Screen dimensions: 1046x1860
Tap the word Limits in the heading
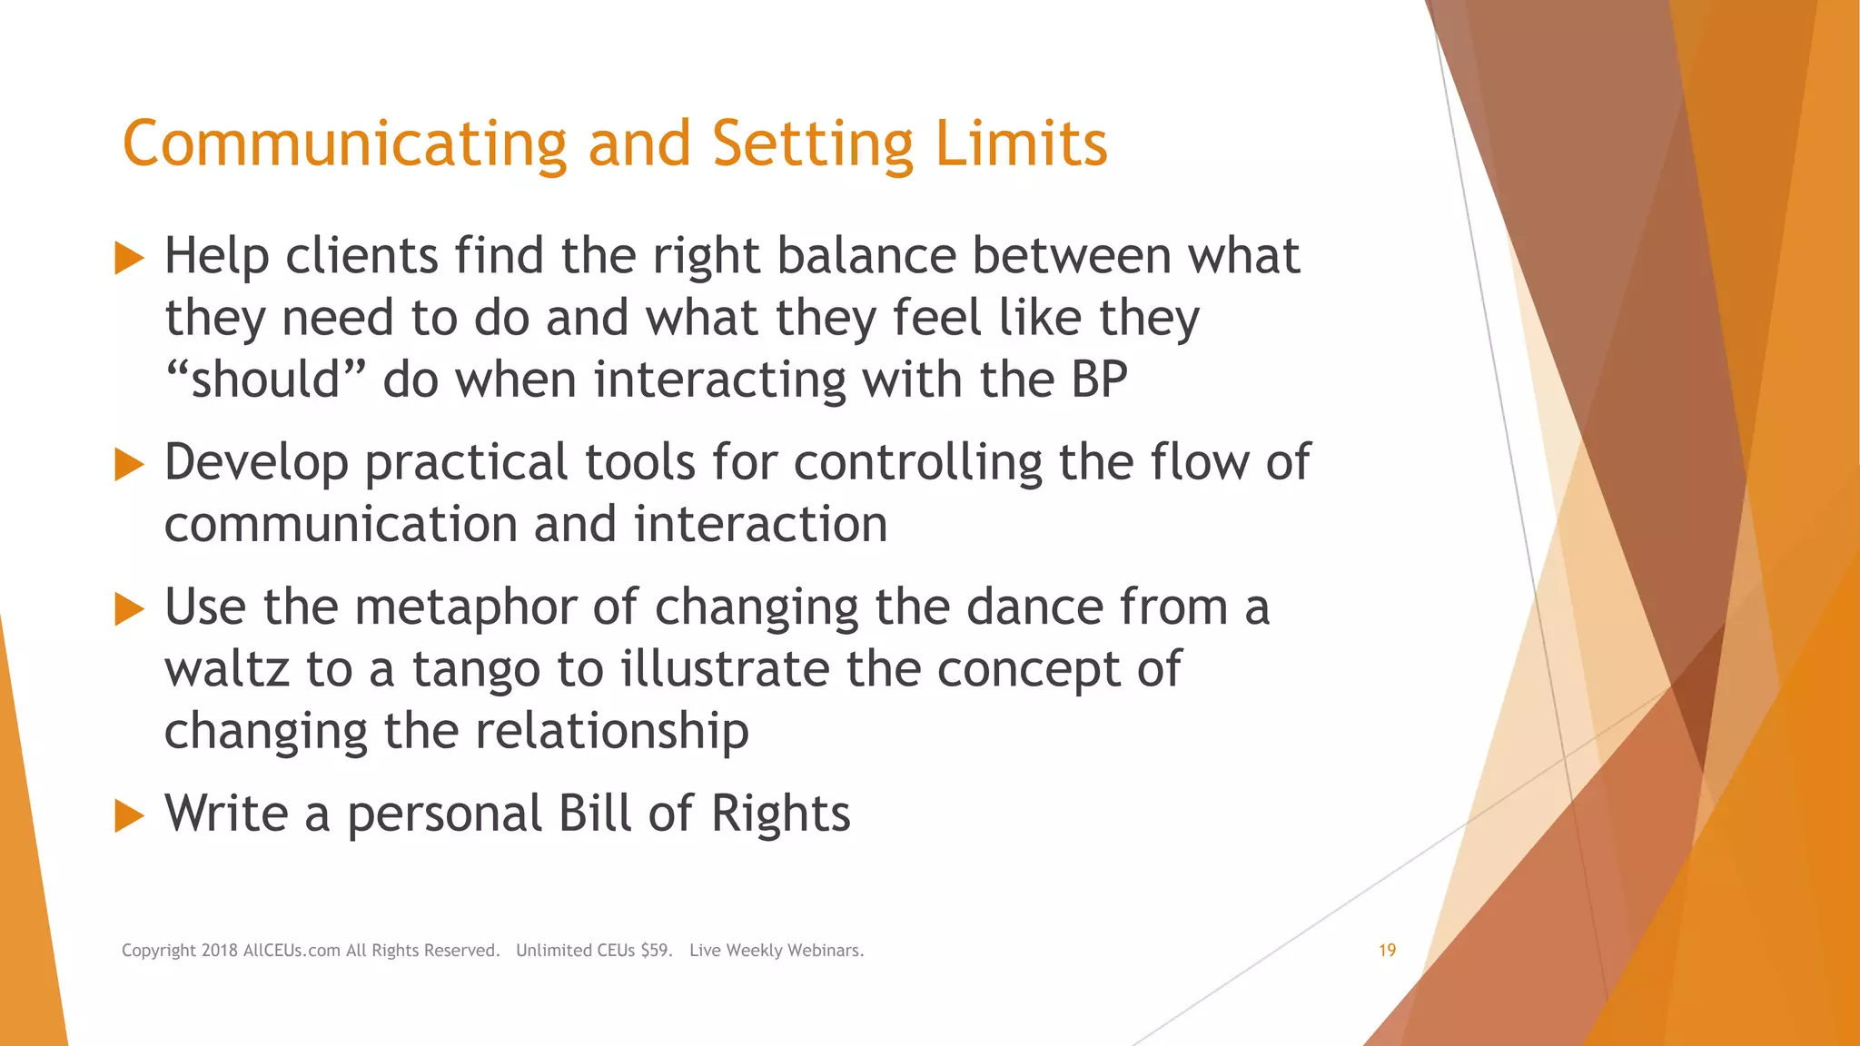1021,145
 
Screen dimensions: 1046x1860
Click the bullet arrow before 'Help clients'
129,259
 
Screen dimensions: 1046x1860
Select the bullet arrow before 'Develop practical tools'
129,465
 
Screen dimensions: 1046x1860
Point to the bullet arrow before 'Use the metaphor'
129,609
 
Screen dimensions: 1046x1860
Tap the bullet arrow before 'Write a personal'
129,815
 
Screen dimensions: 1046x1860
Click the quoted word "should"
265,380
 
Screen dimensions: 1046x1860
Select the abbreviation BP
1099,380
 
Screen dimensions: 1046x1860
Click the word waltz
227,670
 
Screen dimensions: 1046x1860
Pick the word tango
476,670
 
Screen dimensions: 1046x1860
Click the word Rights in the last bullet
780,814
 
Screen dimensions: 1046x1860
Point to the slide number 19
1387,951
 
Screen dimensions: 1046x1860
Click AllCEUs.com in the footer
292,951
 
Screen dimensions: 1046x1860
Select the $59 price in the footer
656,951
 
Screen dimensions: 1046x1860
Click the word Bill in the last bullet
594,814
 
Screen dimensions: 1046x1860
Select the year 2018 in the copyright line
220,951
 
